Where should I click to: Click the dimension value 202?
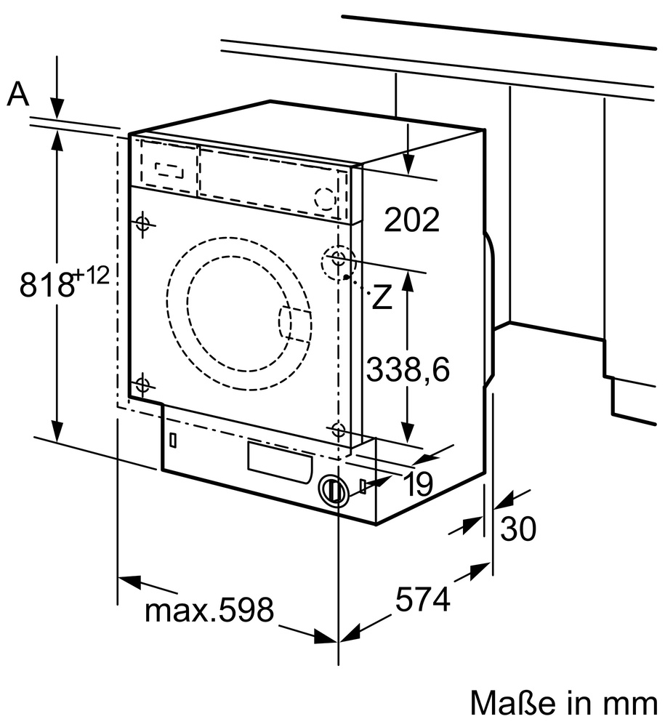412,220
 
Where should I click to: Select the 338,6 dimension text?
408,370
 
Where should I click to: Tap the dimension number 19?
419,484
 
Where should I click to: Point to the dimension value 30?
518,529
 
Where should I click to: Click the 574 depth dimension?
422,599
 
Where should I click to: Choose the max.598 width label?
209,611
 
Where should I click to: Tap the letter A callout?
19,95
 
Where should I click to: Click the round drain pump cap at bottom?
334,490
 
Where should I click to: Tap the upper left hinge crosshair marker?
142,223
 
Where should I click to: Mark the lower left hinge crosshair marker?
142,384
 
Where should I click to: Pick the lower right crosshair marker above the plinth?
338,429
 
